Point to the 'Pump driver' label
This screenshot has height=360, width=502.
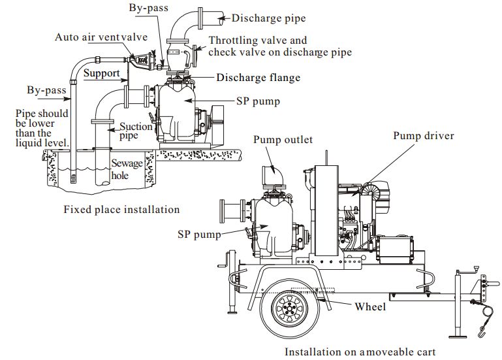point(423,136)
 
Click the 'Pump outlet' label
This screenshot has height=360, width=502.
point(283,140)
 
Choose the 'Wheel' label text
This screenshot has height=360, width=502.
point(369,306)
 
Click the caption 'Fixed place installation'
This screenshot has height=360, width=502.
point(121,210)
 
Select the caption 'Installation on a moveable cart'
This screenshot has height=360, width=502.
point(360,352)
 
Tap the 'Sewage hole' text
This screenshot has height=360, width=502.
point(126,169)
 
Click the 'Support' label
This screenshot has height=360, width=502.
point(101,73)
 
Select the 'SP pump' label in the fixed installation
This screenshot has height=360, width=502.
point(258,102)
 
